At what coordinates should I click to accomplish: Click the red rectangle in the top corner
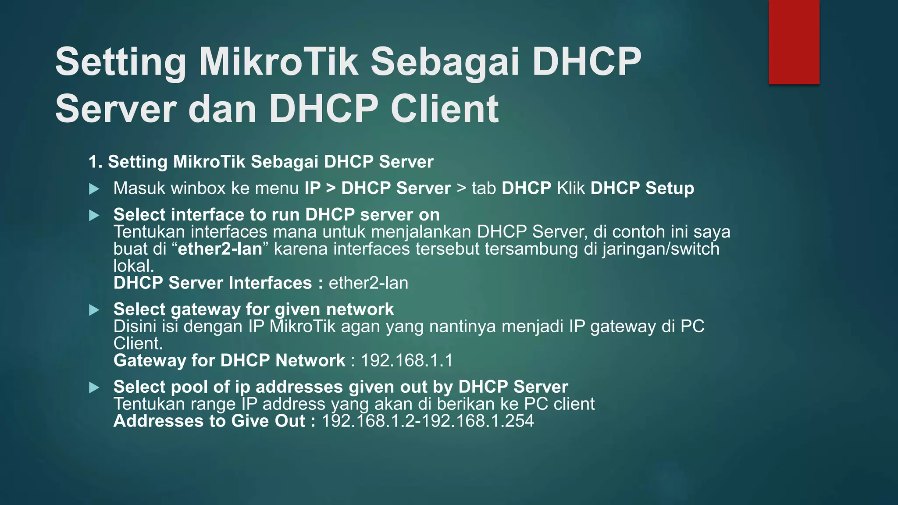[794, 42]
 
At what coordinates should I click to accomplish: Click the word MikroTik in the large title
[278, 62]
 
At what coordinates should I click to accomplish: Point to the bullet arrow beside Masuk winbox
[94, 189]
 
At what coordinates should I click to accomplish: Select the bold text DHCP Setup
[642, 188]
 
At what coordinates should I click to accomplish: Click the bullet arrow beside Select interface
[94, 215]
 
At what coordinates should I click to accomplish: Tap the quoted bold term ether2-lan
[220, 249]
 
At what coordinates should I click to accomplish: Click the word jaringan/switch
[660, 249]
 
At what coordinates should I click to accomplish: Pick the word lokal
[133, 266]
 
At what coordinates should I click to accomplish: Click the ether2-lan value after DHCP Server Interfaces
[368, 283]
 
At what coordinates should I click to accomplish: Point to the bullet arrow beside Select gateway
[94, 310]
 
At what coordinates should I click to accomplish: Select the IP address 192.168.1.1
[406, 361]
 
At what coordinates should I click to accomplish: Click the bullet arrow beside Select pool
[94, 388]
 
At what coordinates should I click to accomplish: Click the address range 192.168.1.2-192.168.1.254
[428, 421]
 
